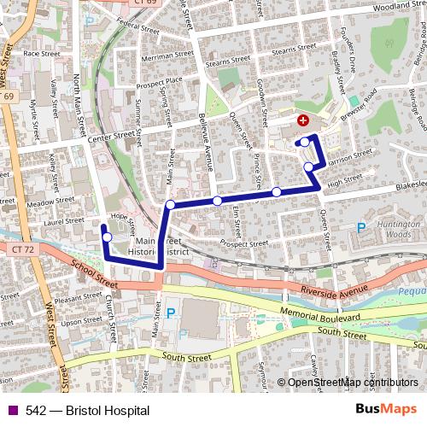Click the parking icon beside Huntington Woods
click(x=360, y=227)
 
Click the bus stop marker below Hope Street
click(x=108, y=237)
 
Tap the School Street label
click(x=97, y=272)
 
